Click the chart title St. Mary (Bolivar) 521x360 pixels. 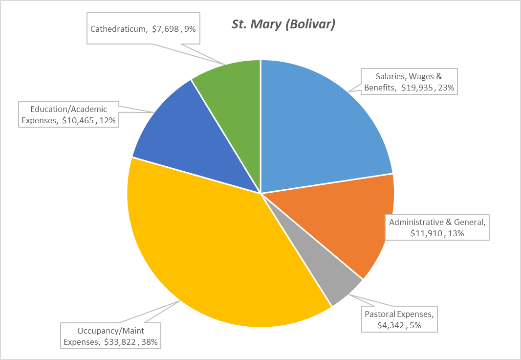[283, 25]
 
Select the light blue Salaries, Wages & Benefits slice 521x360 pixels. [323, 122]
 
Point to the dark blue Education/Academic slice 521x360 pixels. [195, 142]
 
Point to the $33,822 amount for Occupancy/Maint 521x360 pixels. [120, 342]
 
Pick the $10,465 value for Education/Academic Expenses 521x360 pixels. [78, 121]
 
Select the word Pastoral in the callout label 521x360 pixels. [379, 313]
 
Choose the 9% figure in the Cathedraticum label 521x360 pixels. [190, 29]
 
